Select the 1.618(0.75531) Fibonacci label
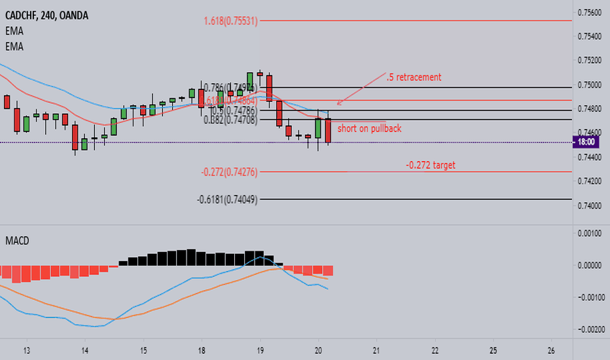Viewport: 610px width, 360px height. (x=230, y=21)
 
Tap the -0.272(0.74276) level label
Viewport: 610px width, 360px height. (x=230, y=172)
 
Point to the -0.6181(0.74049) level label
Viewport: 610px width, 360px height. (x=228, y=200)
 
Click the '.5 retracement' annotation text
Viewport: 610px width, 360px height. (x=414, y=77)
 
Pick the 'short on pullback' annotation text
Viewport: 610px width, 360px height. (x=369, y=128)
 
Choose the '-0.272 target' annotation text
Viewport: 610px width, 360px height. (x=430, y=166)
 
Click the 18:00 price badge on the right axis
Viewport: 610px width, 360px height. (x=586, y=142)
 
